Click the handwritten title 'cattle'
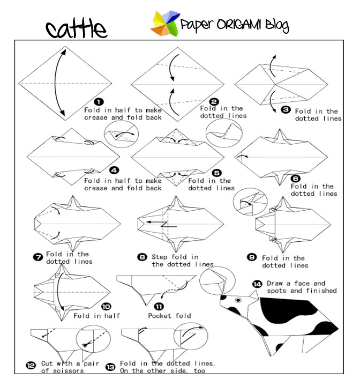point(76,29)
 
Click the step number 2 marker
point(214,101)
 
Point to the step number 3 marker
point(286,109)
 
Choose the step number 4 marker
point(113,170)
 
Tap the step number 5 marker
point(216,173)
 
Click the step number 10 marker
point(106,307)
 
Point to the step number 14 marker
point(257,284)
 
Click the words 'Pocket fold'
point(167,316)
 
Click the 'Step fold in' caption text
point(175,257)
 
